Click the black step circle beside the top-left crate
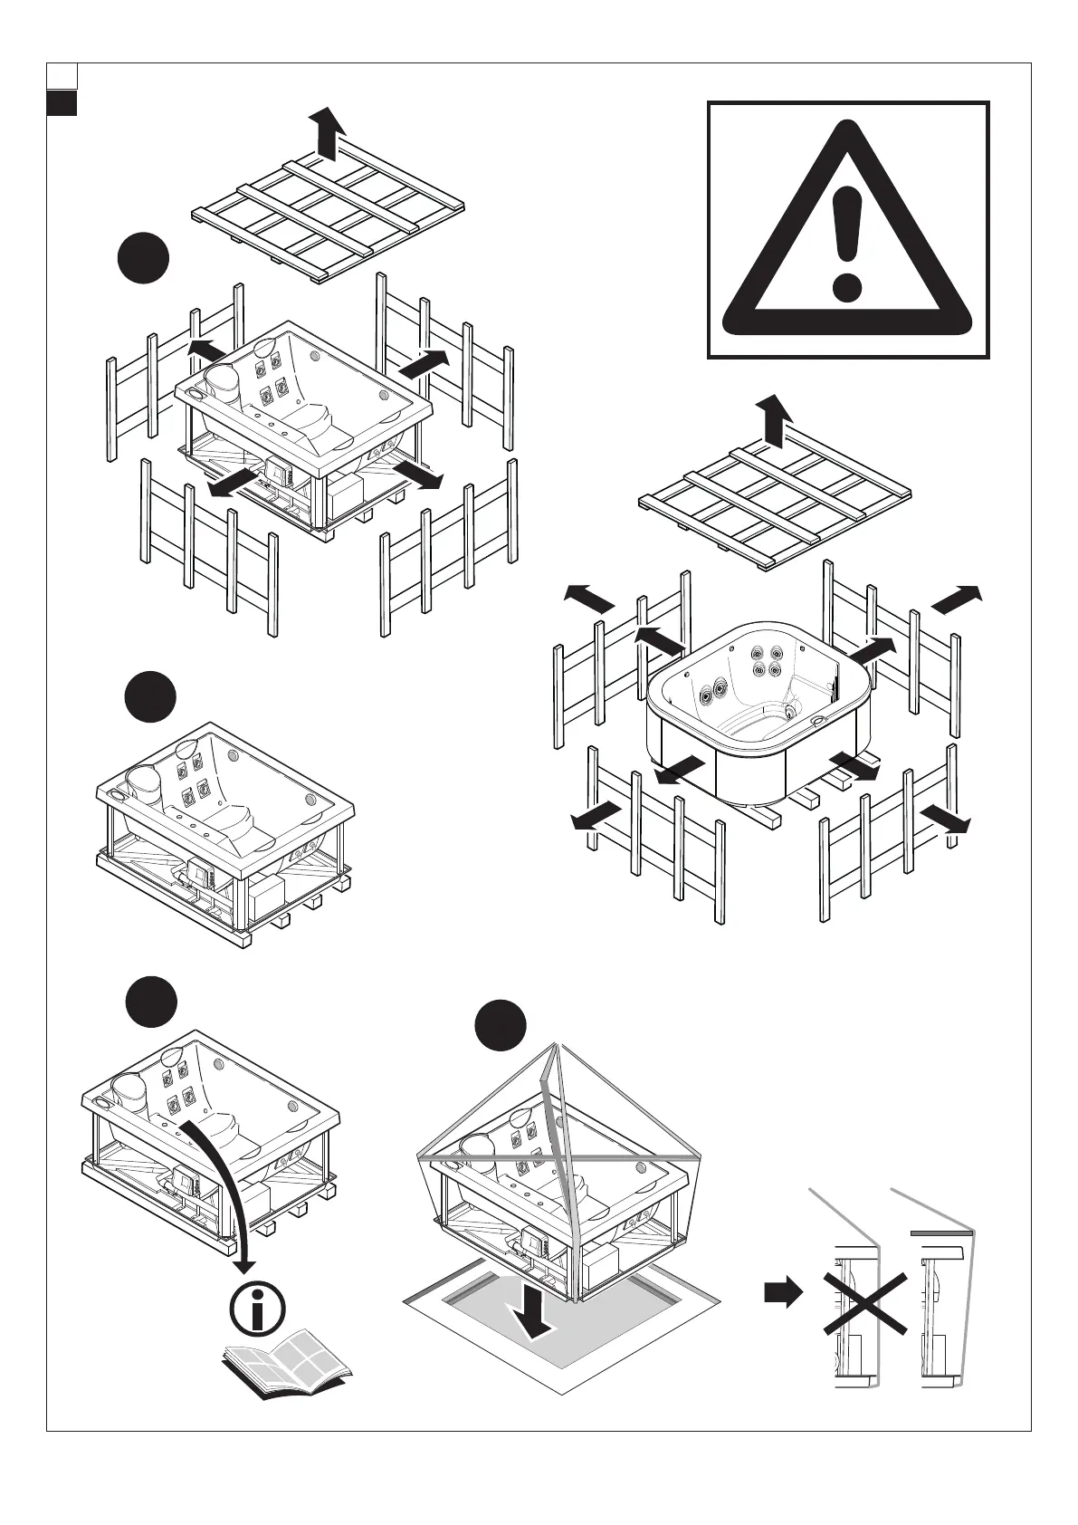pyautogui.click(x=143, y=259)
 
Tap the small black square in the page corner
pyautogui.click(x=61, y=103)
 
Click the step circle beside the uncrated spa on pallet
pyautogui.click(x=149, y=697)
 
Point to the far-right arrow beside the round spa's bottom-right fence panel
pyautogui.click(x=945, y=819)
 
